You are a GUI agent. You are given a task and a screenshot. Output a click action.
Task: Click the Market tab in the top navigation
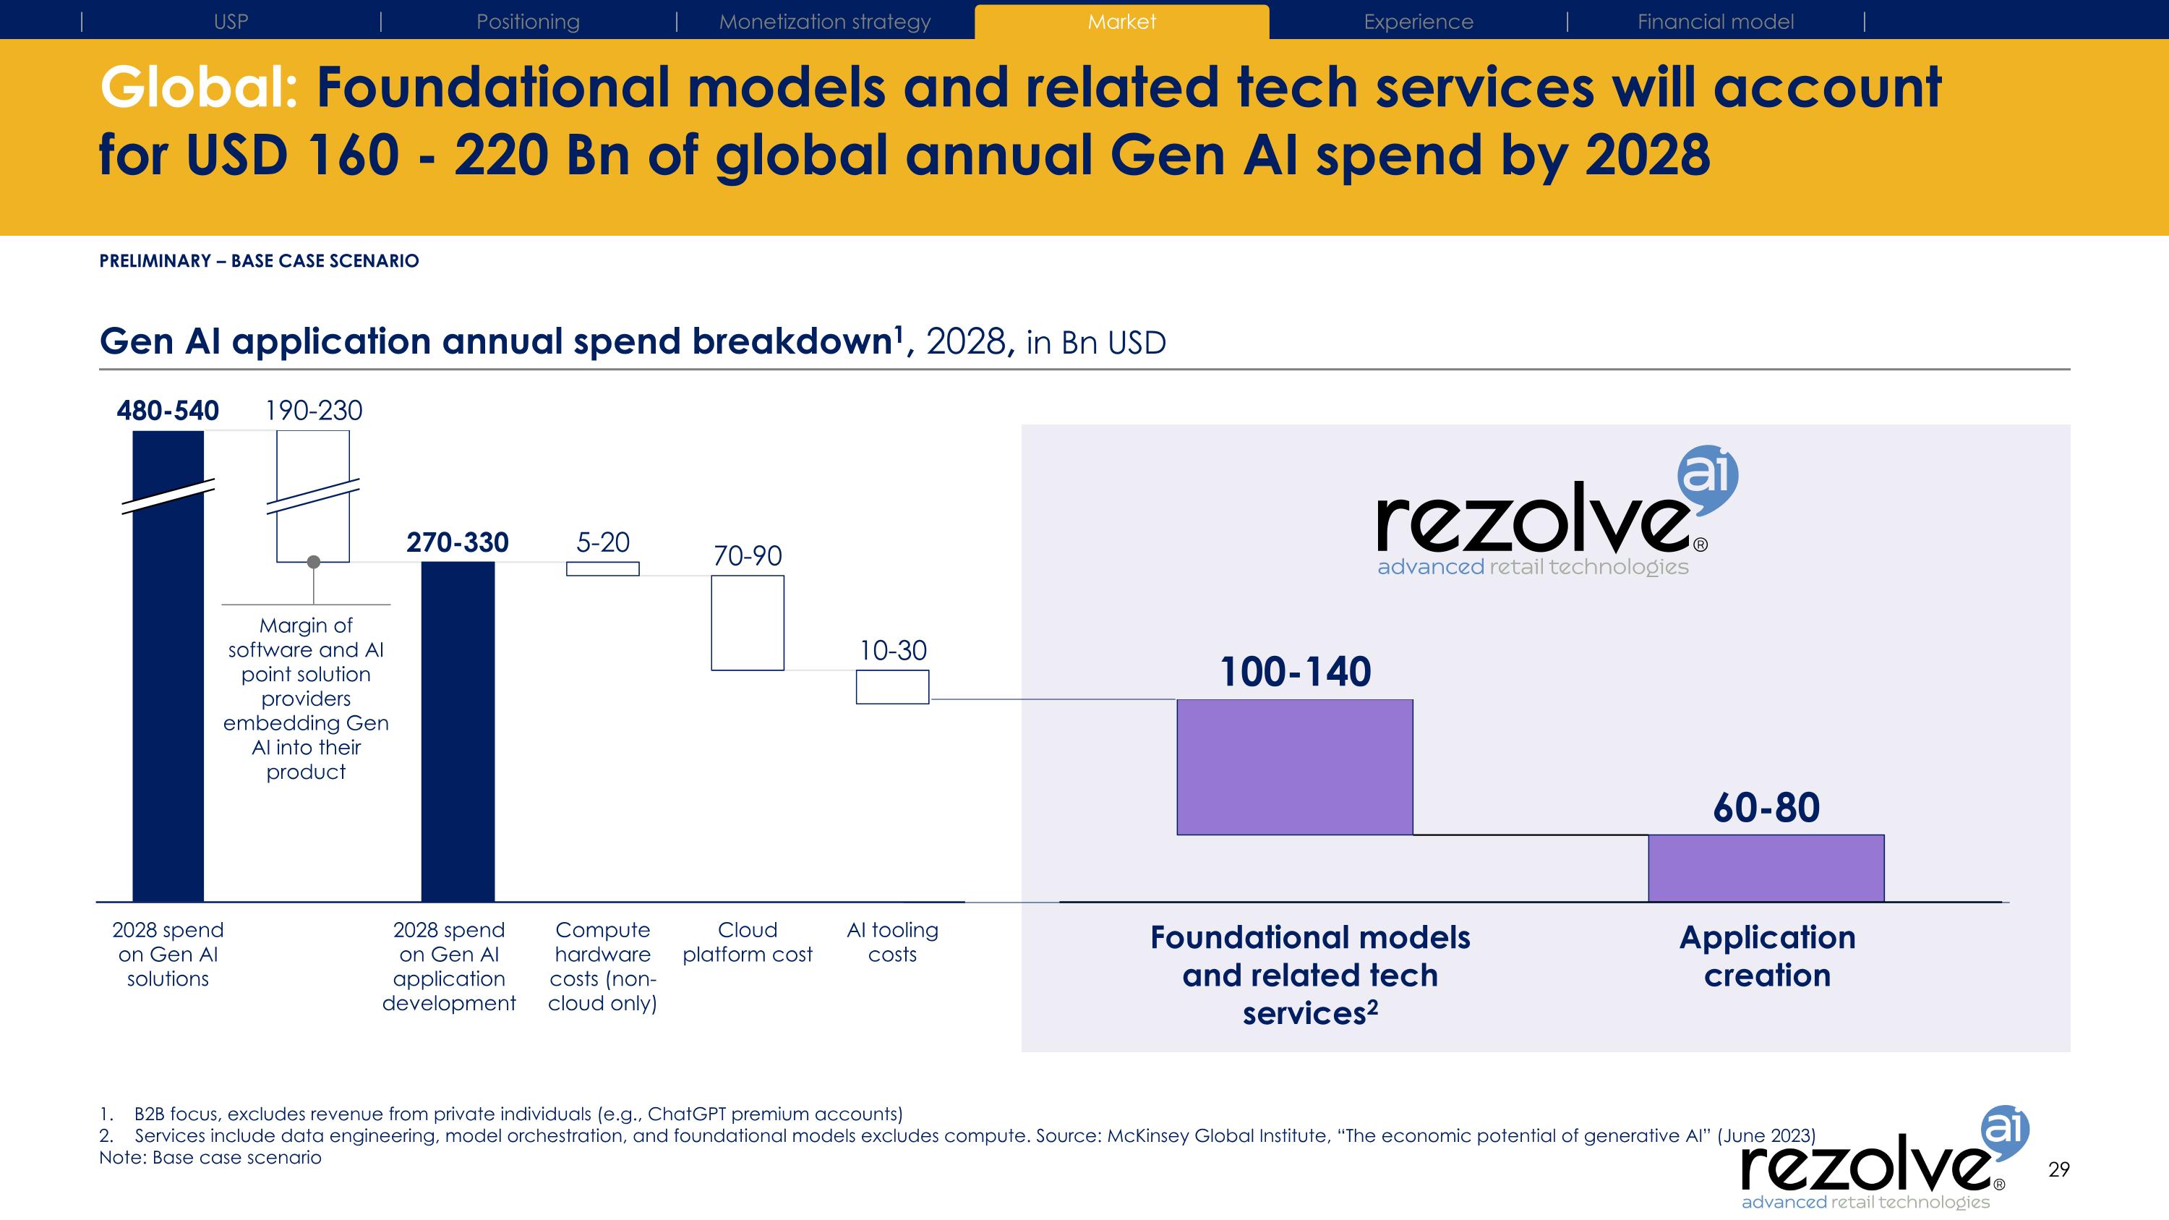click(x=1121, y=22)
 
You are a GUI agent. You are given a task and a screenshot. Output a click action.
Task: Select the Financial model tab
click(x=1715, y=22)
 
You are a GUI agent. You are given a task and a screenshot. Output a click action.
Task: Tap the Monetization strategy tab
click(x=824, y=22)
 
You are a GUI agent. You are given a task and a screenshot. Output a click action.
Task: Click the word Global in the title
click(x=199, y=88)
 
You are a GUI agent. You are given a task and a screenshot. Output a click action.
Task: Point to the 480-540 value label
click(x=168, y=411)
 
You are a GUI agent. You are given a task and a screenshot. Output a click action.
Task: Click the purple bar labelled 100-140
click(x=1294, y=767)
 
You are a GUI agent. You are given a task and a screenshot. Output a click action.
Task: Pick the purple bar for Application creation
click(x=1766, y=868)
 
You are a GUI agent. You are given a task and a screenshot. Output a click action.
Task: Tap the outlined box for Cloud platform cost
click(x=747, y=623)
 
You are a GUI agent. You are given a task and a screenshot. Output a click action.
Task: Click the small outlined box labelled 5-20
click(x=602, y=569)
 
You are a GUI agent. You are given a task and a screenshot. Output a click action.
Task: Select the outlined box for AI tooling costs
click(x=892, y=687)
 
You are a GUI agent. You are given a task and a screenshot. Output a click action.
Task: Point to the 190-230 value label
click(x=313, y=411)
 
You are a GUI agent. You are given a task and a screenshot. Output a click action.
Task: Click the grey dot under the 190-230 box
click(x=313, y=562)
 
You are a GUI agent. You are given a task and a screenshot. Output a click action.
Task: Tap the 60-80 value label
click(x=1766, y=809)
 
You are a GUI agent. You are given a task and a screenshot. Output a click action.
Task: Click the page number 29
click(x=2058, y=1169)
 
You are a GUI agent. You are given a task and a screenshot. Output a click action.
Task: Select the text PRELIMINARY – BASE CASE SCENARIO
click(x=259, y=261)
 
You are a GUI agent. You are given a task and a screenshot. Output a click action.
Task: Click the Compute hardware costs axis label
click(x=602, y=965)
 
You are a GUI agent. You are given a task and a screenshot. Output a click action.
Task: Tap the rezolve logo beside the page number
click(x=1878, y=1166)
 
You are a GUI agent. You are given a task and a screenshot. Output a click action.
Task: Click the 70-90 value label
click(x=747, y=555)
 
